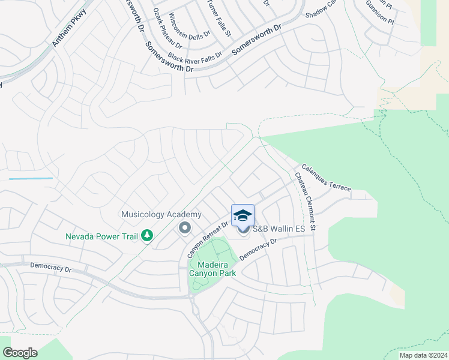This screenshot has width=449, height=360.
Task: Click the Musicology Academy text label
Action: [161, 214]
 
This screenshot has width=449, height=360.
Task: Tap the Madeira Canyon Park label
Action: [212, 268]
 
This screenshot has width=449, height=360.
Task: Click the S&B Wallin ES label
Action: [279, 229]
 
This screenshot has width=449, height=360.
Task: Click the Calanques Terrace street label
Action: [326, 178]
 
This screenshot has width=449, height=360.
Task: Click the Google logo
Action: [20, 353]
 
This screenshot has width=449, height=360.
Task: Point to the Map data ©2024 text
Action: [422, 355]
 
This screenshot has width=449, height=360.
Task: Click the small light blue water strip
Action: [31, 179]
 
